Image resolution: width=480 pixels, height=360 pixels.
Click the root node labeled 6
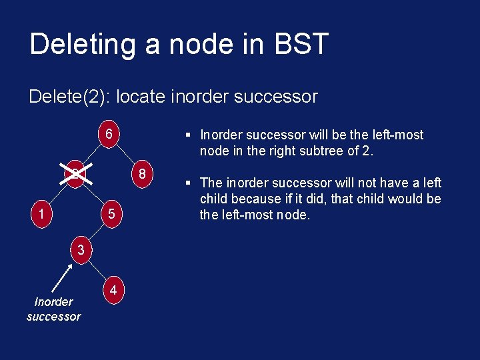(x=109, y=133)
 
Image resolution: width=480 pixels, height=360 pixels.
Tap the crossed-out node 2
(x=76, y=175)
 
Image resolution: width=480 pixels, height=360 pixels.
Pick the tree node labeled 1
(x=41, y=215)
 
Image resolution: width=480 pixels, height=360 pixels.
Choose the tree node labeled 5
(x=112, y=215)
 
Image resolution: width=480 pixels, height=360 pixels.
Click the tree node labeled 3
(x=80, y=251)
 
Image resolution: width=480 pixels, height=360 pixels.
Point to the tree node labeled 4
(x=114, y=291)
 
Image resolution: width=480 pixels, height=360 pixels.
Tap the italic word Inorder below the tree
(x=53, y=302)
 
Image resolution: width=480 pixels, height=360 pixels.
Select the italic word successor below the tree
(x=53, y=317)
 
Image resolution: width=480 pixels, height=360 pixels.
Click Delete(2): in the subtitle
(x=70, y=97)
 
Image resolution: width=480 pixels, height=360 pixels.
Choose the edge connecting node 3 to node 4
(x=97, y=271)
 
